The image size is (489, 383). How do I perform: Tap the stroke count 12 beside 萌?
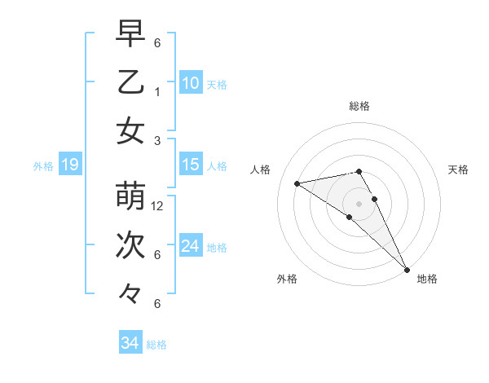click(158, 206)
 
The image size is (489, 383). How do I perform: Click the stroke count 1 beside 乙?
click(157, 92)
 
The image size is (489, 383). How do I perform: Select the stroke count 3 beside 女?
click(157, 140)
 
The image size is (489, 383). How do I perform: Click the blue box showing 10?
click(191, 83)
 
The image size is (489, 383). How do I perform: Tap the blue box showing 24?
click(191, 246)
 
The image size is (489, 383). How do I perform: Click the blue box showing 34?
click(130, 343)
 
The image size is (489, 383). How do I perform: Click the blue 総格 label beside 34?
click(156, 345)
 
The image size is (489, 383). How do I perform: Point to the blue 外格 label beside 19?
click(43, 166)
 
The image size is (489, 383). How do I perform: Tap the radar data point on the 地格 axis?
click(406, 268)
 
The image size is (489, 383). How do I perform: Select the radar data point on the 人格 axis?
click(297, 183)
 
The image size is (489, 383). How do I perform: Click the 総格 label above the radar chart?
click(359, 106)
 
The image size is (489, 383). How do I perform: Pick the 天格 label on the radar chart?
click(458, 169)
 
